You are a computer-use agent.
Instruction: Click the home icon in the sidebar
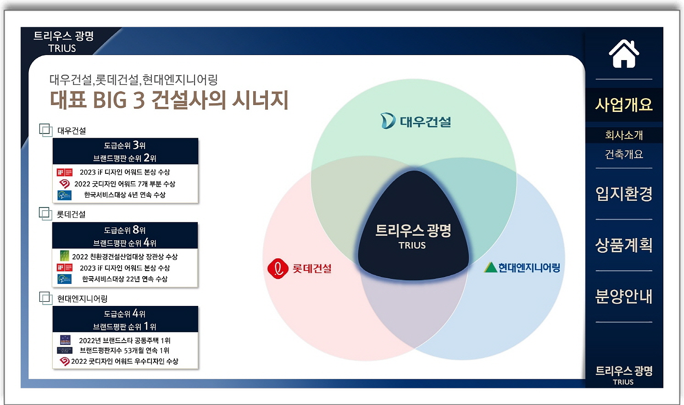click(624, 54)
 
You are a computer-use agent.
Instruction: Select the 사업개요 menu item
click(624, 105)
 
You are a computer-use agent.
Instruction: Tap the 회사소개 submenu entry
click(624, 135)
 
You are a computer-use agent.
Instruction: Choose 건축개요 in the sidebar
click(624, 154)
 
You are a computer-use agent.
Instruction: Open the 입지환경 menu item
click(624, 194)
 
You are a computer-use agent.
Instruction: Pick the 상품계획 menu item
click(624, 245)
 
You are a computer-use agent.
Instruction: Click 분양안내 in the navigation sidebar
click(624, 296)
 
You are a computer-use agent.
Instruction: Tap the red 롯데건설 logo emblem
click(278, 269)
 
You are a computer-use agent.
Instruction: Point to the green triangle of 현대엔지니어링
click(490, 267)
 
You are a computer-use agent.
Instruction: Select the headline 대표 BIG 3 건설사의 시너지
click(169, 100)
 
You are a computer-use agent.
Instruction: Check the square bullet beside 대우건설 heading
click(45, 130)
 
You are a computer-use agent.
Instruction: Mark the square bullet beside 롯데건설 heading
click(45, 214)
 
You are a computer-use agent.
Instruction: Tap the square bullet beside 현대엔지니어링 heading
click(45, 298)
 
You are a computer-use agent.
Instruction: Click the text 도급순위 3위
click(125, 145)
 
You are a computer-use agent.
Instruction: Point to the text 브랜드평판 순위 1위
click(125, 326)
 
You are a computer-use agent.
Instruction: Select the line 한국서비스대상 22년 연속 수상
click(124, 279)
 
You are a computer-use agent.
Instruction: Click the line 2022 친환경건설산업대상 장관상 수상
click(124, 256)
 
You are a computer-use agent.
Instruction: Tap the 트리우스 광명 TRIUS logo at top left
click(63, 42)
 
